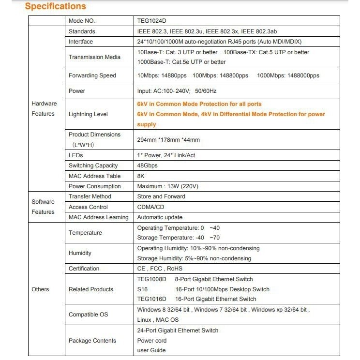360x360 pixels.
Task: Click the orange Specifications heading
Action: (55, 6)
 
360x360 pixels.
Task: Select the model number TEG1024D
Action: (152, 21)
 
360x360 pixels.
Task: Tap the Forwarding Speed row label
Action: (92, 75)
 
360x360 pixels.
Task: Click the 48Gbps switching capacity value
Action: (148, 165)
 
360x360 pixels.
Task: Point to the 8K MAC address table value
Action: (141, 176)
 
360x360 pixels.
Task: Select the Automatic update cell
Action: (160, 217)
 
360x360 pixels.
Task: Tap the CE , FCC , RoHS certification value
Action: (160, 269)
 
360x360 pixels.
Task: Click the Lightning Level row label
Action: (88, 114)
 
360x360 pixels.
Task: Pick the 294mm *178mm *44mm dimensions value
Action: (168, 140)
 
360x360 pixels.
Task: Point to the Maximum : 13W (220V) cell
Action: (168, 186)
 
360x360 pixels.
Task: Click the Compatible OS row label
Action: (88, 315)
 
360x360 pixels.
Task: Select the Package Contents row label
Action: (92, 341)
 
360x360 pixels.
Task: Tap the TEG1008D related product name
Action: (151, 279)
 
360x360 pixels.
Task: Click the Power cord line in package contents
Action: (152, 341)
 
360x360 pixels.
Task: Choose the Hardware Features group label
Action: (44, 109)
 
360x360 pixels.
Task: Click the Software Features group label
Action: (43, 207)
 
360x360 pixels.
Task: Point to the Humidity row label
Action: (80, 253)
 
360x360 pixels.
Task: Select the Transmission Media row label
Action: (95, 57)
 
